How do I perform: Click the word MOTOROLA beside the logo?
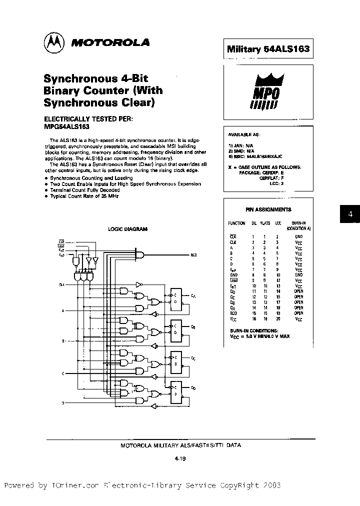[x=110, y=43]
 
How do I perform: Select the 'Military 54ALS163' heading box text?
[x=268, y=49]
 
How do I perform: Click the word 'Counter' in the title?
[x=106, y=90]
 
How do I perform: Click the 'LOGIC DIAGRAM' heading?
[x=128, y=229]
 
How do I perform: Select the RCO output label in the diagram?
[x=193, y=255]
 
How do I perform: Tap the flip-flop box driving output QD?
[x=176, y=391]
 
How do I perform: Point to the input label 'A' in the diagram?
[x=62, y=311]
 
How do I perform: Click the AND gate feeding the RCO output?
[x=140, y=254]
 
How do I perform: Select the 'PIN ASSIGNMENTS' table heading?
[x=268, y=209]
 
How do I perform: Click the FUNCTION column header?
[x=237, y=223]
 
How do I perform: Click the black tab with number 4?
[x=350, y=214]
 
